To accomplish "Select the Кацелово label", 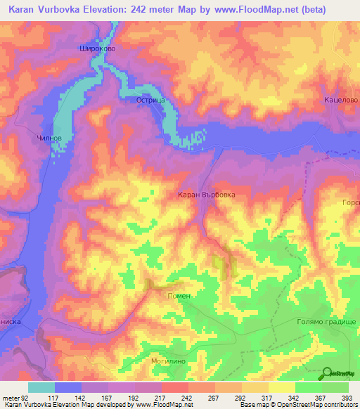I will tap(342, 100).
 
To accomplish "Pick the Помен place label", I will tap(179, 296).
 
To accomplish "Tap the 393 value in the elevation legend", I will tap(347, 397).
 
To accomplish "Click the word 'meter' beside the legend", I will tap(9, 397).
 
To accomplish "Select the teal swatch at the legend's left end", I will tap(41, 387).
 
